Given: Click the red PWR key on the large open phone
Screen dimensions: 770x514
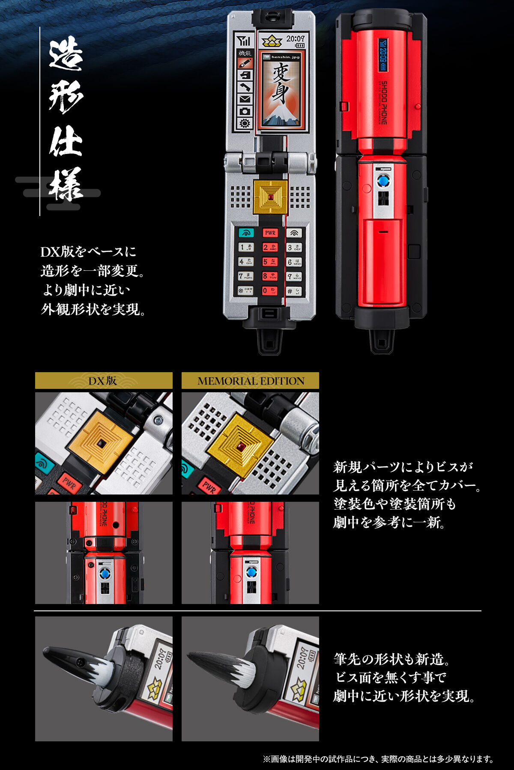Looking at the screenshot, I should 270,233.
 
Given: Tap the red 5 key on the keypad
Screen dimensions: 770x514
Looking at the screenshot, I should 270,262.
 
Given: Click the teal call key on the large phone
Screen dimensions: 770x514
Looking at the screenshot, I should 246,233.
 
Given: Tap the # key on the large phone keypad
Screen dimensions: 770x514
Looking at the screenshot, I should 294,291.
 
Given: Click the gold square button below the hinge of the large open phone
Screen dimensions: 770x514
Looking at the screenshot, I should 270,197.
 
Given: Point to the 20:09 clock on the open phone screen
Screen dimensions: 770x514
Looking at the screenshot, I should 295,39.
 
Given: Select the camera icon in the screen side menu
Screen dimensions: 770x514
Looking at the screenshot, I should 245,111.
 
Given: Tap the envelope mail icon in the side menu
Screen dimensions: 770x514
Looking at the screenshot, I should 245,99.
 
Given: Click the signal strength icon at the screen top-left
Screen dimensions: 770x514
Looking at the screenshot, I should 245,41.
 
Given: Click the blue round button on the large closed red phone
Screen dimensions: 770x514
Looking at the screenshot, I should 383,181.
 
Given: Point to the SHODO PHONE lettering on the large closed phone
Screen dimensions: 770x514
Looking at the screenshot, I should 384,103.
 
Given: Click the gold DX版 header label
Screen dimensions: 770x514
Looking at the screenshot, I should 103,381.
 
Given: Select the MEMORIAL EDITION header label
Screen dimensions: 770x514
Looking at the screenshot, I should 251,381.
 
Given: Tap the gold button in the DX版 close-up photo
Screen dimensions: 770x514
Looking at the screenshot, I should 101,442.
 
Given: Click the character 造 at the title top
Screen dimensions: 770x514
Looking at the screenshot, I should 66,54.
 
